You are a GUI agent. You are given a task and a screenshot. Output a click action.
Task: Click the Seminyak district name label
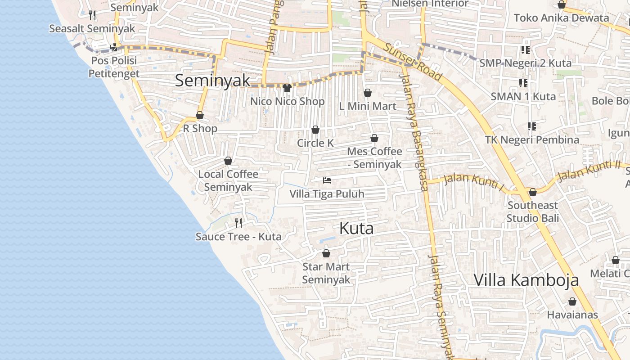click(212, 81)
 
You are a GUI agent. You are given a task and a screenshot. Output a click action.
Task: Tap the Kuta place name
click(356, 229)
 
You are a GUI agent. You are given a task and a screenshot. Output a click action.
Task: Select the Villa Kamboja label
click(526, 280)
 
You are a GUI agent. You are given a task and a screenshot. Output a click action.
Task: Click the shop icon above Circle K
click(315, 130)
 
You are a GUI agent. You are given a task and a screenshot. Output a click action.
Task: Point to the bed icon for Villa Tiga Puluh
click(327, 181)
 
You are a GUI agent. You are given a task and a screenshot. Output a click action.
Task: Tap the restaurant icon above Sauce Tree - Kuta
click(238, 223)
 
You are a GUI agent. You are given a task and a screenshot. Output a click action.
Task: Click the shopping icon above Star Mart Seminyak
click(326, 254)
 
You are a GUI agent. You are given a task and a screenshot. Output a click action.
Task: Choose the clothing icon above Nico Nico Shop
click(287, 88)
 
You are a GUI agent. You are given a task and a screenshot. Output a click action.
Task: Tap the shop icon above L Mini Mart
click(368, 93)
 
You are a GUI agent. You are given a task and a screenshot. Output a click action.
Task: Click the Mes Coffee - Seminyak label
click(374, 158)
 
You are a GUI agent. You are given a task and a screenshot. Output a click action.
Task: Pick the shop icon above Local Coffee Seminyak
click(228, 161)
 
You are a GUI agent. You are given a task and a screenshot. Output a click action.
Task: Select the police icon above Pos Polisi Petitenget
click(114, 46)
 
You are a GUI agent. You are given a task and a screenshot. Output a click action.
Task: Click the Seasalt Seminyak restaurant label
click(92, 29)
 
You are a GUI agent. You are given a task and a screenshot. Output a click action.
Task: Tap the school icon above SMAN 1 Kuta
click(523, 83)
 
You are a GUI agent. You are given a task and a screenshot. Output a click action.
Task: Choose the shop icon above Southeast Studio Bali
click(533, 193)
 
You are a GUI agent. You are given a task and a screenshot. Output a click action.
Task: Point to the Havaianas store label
click(572, 315)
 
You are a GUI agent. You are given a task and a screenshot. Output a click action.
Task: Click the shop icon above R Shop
click(200, 116)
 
